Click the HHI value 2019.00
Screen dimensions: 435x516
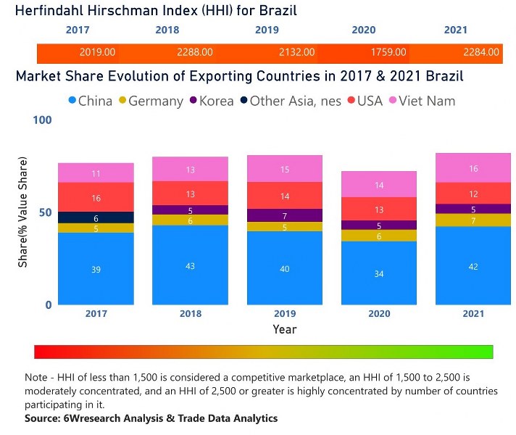tap(97, 52)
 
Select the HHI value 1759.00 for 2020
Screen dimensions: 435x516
tap(389, 52)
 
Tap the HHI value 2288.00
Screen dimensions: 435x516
tap(194, 52)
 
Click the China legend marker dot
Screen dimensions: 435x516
tap(71, 101)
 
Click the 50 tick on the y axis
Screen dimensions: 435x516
tap(46, 212)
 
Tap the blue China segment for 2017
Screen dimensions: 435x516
tap(96, 268)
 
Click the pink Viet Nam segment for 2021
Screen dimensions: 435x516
tap(473, 168)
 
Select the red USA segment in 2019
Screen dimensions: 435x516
tap(286, 196)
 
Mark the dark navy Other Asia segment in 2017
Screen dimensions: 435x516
tap(96, 217)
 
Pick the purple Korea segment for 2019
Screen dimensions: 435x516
tap(286, 215)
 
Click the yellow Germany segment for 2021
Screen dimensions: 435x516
tap(473, 220)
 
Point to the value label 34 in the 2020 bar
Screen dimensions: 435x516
tap(379, 273)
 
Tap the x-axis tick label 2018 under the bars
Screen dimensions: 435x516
tap(191, 314)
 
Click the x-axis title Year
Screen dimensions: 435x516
tap(285, 329)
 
